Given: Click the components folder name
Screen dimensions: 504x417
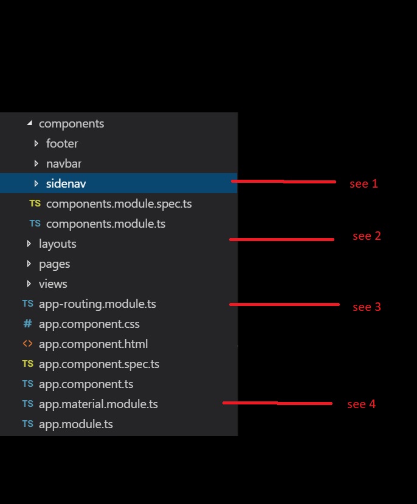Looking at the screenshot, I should [x=71, y=124].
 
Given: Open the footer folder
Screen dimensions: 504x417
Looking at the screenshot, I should [x=62, y=144].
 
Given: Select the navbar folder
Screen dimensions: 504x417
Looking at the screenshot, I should [x=64, y=164].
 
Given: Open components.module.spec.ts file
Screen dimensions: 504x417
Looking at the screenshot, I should [x=119, y=204].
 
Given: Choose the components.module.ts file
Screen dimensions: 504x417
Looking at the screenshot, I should [x=106, y=224].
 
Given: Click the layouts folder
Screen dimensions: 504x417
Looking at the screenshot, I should [x=58, y=244].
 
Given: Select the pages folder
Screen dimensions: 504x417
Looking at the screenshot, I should [x=55, y=264].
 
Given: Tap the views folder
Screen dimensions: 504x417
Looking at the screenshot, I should [x=53, y=284].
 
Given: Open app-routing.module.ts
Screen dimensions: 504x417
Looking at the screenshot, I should [x=97, y=304].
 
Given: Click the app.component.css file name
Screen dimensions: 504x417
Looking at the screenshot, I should [x=89, y=324].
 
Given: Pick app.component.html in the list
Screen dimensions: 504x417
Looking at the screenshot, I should [x=93, y=344].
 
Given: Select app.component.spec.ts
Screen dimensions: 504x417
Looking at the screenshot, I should [x=99, y=364].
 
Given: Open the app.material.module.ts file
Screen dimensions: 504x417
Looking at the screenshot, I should [x=98, y=404].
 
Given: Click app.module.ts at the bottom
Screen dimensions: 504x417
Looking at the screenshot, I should [x=76, y=424].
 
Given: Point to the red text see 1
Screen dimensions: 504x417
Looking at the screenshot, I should [x=364, y=183].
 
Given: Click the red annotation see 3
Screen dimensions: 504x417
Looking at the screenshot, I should [x=367, y=307].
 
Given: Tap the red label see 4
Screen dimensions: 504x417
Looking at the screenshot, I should [x=361, y=404].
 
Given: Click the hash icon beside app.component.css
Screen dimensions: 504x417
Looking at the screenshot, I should [x=27, y=324].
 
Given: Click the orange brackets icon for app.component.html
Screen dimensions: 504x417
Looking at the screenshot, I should [x=27, y=344].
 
